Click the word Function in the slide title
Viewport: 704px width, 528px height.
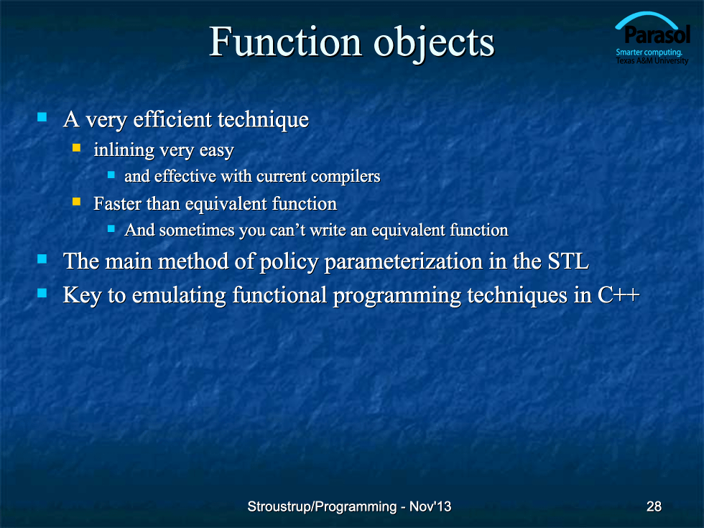pyautogui.click(x=285, y=42)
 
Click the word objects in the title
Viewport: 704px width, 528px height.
pyautogui.click(x=434, y=44)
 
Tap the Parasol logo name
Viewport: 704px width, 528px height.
pyautogui.click(x=657, y=34)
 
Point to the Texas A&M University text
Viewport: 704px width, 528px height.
pyautogui.click(x=652, y=60)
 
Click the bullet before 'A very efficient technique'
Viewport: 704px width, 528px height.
pyautogui.click(x=42, y=117)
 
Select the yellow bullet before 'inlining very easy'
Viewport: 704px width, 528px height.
pyautogui.click(x=76, y=148)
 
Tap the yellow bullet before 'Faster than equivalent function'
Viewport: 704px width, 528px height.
pyautogui.click(x=76, y=202)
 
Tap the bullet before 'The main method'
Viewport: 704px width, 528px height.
pyautogui.click(x=42, y=259)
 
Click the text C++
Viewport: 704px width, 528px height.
pyautogui.click(x=619, y=295)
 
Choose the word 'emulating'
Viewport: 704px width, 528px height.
pyautogui.click(x=179, y=296)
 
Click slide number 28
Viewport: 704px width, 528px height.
pyautogui.click(x=654, y=506)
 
